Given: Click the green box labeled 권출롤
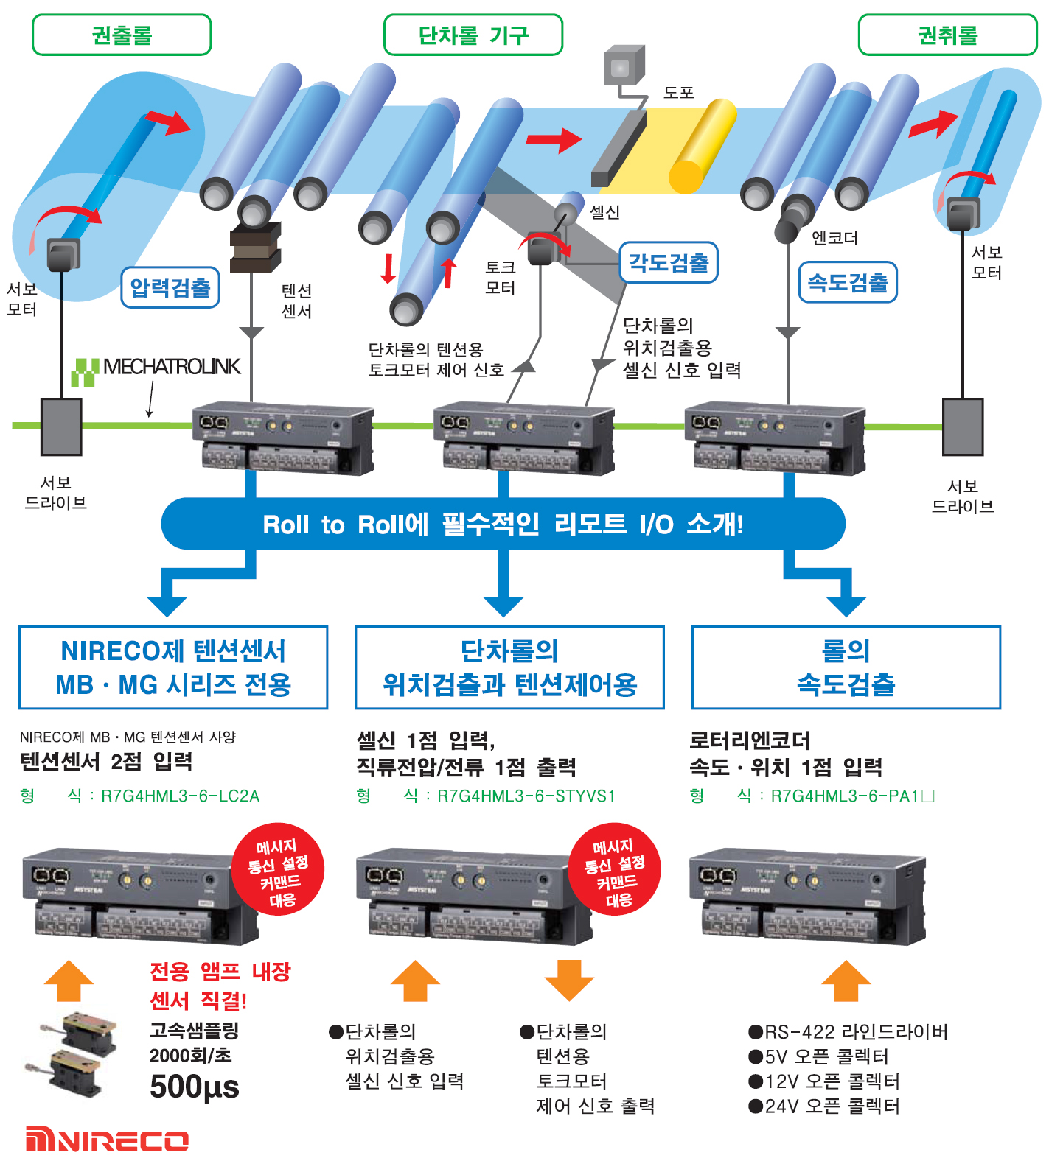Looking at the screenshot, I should (122, 35).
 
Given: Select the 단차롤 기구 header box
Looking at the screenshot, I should (473, 35).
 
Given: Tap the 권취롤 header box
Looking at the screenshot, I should (947, 35).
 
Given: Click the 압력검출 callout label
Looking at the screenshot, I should (170, 287).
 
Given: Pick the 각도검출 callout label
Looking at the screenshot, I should (668, 262).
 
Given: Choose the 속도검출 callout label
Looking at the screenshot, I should (848, 282).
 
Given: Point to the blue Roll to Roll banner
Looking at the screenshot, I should (503, 524).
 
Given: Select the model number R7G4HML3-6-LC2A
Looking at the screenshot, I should (180, 796).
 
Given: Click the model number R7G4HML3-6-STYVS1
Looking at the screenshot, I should (526, 796).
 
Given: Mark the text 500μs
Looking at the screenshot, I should (195, 1087).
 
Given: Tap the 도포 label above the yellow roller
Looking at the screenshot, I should (678, 93).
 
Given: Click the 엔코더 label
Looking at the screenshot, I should (834, 238).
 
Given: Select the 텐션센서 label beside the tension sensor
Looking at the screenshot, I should (296, 301).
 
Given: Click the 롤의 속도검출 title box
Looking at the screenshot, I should (846, 667).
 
